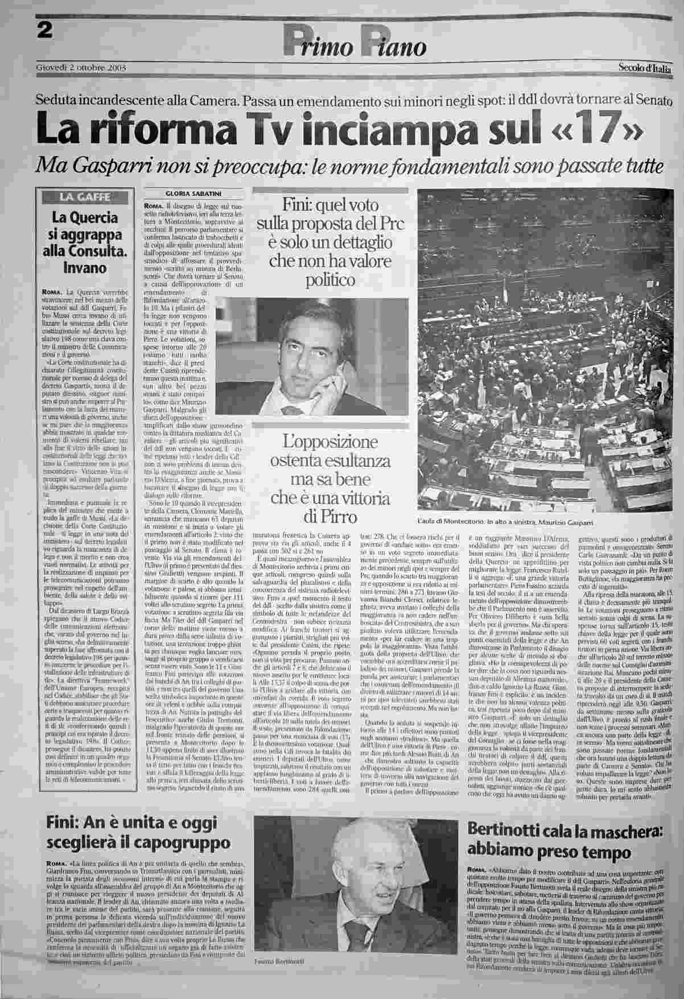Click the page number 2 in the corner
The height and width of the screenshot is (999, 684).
(43, 31)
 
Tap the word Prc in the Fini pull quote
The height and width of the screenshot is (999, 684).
(389, 224)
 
